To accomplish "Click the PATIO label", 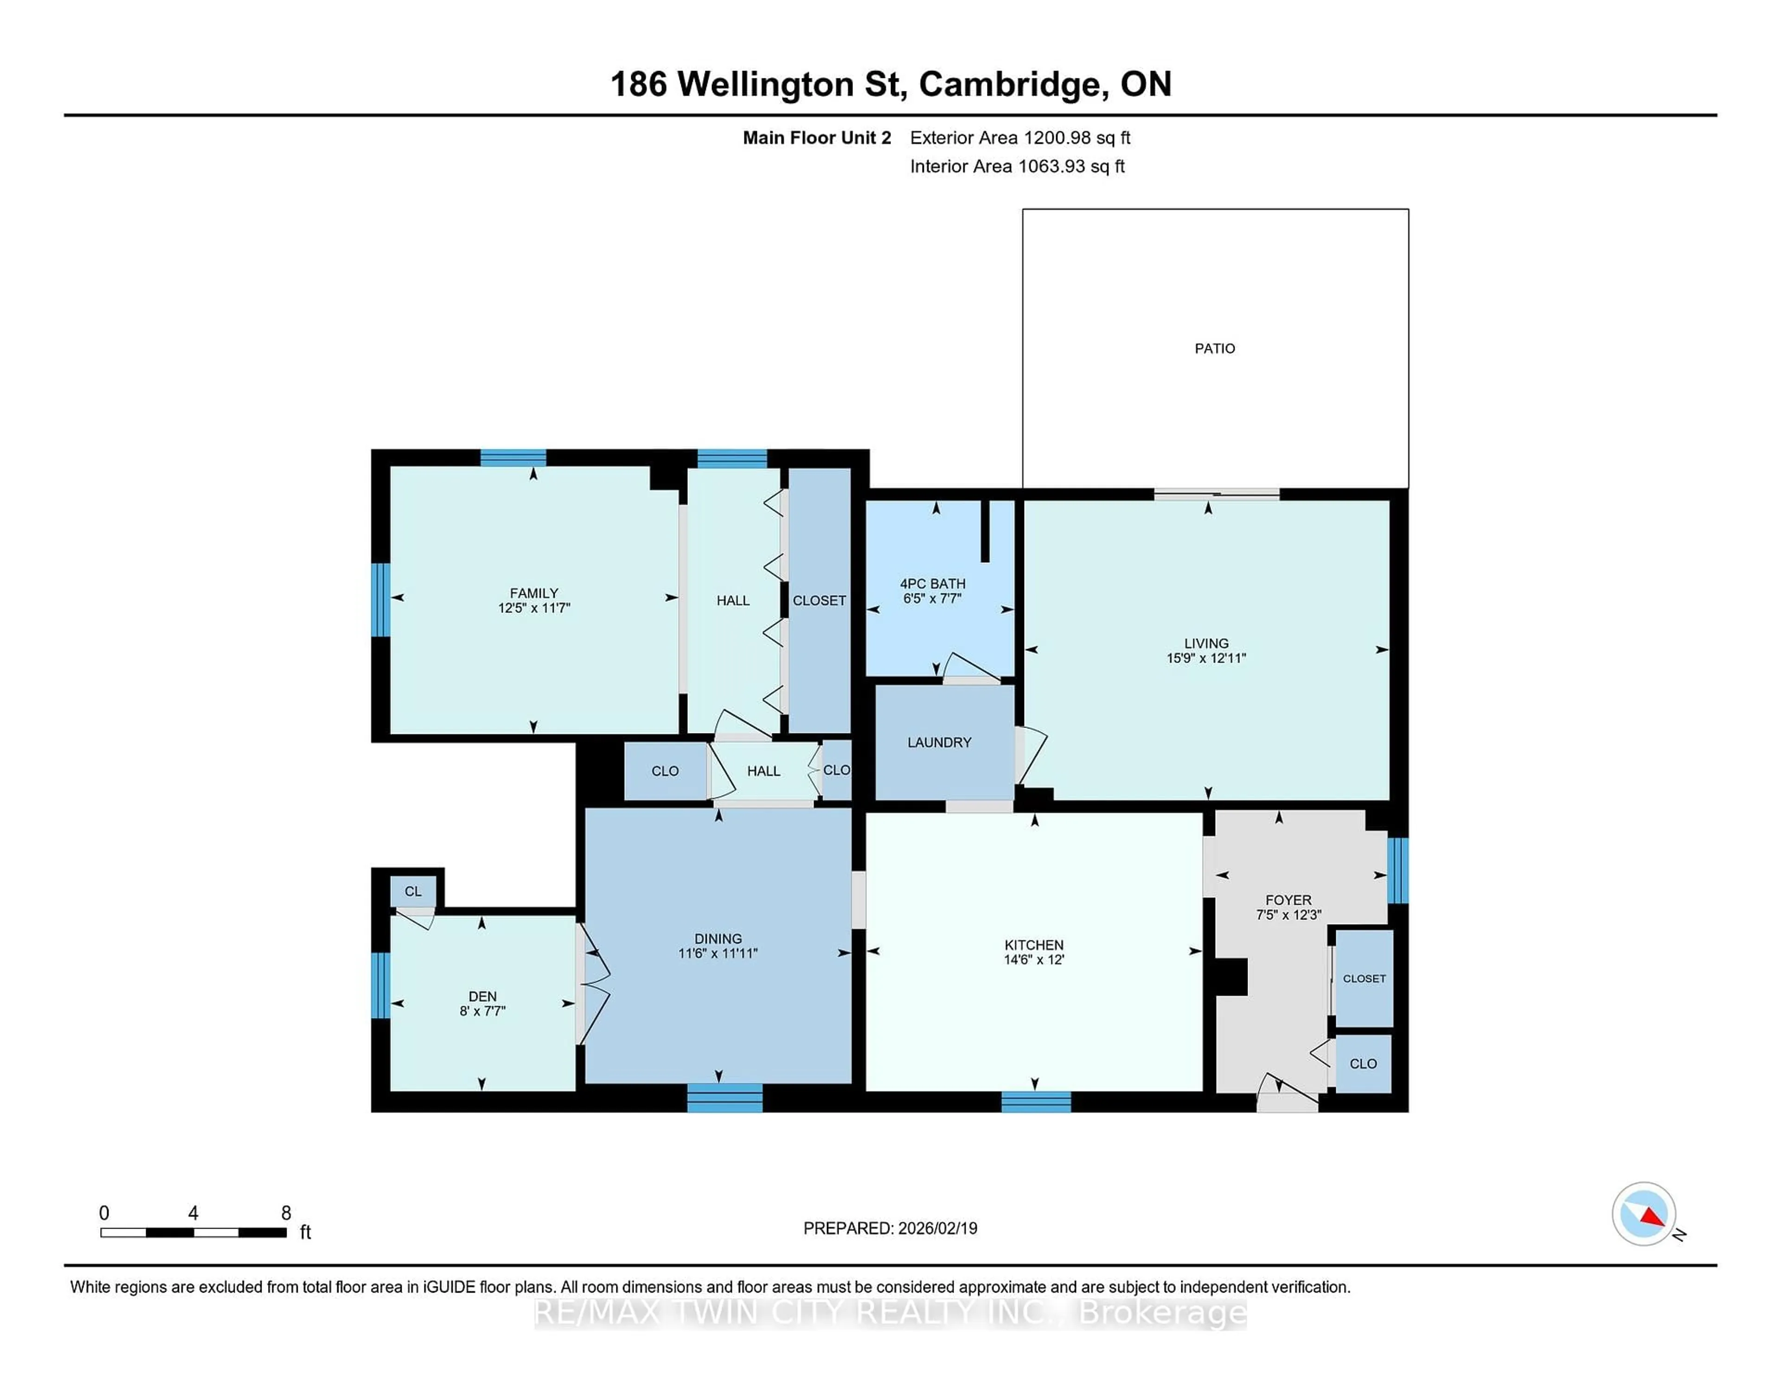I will click(x=1214, y=348).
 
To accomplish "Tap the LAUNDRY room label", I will click(x=939, y=742).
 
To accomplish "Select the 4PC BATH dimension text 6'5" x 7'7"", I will click(x=932, y=598).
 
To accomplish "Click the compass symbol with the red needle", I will click(x=1643, y=1213).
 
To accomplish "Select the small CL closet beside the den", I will click(x=413, y=891).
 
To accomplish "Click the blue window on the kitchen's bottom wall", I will click(x=1036, y=1101).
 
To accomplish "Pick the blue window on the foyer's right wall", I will click(x=1397, y=870).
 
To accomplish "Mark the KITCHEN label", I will click(x=1033, y=945).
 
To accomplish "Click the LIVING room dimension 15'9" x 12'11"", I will click(x=1206, y=657).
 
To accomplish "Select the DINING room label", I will click(x=718, y=938).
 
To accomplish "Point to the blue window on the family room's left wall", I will click(x=380, y=599).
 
